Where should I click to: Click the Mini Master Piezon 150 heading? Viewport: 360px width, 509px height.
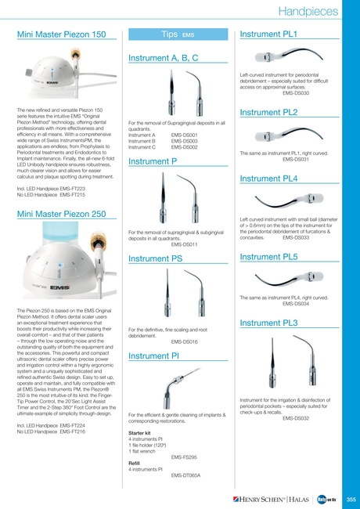[x=61, y=35]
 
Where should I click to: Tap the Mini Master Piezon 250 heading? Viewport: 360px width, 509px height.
[x=61, y=214]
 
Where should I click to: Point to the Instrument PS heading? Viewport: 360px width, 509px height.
[x=155, y=258]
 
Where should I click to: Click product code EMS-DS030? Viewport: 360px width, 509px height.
[x=294, y=93]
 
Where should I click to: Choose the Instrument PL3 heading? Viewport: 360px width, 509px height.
[x=268, y=323]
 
